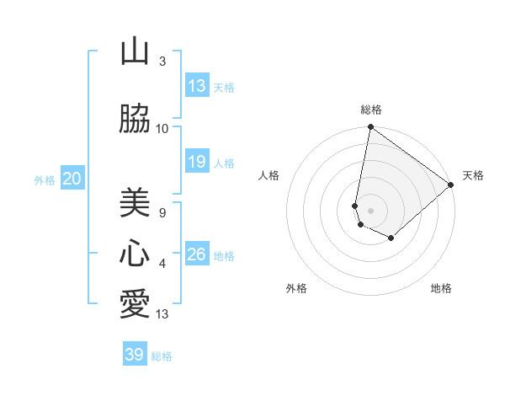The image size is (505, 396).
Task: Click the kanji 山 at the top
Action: pos(135,52)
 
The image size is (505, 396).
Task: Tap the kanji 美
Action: pos(135,201)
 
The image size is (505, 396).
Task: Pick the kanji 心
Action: pos(135,254)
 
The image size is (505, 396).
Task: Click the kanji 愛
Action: pos(135,304)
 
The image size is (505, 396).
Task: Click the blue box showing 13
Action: pos(197,86)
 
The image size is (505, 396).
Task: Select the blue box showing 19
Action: pos(197,162)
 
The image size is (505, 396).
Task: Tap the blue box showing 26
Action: pos(197,254)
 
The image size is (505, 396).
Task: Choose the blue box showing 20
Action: pos(72,179)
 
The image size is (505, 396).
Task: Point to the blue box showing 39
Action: pos(135,355)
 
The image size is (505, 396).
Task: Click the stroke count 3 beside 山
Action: pos(162,62)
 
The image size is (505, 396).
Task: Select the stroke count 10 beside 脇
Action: pos(162,129)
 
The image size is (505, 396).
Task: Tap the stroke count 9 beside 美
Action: pos(162,212)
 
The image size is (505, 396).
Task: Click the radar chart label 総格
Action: pos(371,110)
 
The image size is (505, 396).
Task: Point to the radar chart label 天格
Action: pos(473,175)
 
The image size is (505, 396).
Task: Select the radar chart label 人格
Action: pos(269,175)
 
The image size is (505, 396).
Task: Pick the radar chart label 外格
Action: pos(296,288)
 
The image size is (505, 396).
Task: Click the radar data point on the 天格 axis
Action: pos(451,185)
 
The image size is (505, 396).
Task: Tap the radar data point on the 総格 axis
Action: pos(370,128)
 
